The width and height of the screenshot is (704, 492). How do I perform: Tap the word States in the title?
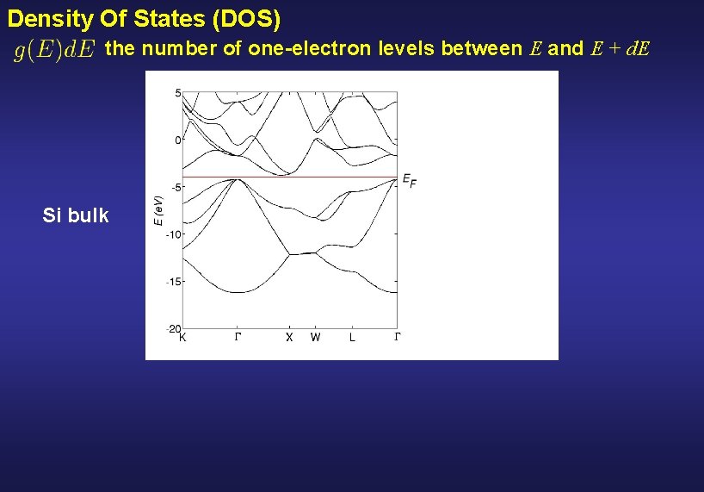pyautogui.click(x=160, y=17)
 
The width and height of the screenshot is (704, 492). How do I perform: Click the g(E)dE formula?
pyautogui.click(x=54, y=50)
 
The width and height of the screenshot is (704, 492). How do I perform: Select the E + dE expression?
pyautogui.click(x=621, y=49)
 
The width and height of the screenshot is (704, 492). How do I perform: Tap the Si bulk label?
pyautogui.click(x=76, y=215)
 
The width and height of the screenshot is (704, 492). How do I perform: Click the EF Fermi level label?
pyautogui.click(x=408, y=180)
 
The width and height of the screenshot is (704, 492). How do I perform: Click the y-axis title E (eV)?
pyautogui.click(x=158, y=210)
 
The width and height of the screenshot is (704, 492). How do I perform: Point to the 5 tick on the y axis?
pyautogui.click(x=177, y=93)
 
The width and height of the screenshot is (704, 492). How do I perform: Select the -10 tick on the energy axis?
pyautogui.click(x=173, y=234)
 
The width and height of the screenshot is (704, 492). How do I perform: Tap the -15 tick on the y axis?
pyautogui.click(x=173, y=282)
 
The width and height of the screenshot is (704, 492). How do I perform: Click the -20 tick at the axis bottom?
pyautogui.click(x=173, y=328)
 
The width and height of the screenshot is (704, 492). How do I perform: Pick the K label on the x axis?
pyautogui.click(x=182, y=338)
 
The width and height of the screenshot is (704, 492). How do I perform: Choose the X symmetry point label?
pyautogui.click(x=289, y=338)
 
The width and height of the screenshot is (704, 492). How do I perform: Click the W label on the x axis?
pyautogui.click(x=315, y=338)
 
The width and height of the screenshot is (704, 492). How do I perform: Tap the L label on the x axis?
pyautogui.click(x=351, y=338)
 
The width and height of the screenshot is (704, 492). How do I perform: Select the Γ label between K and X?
pyautogui.click(x=238, y=338)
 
